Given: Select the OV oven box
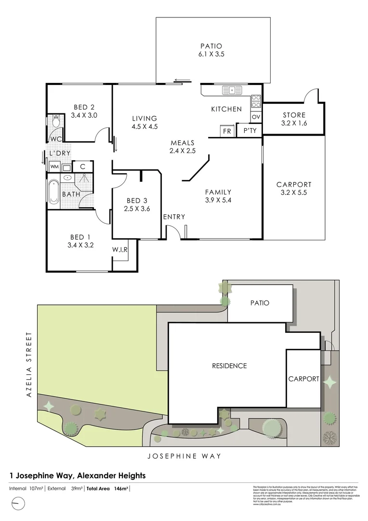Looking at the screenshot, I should [256, 117].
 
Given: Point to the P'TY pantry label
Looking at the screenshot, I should [250, 131].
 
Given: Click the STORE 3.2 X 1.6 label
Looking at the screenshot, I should [294, 119].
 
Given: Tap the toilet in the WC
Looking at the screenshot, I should [55, 122].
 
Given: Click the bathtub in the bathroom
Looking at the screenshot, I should [53, 192].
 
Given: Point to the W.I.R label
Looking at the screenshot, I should [120, 249].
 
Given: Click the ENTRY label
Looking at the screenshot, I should [174, 217].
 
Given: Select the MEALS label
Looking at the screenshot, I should [183, 143].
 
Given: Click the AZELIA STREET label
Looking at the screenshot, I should [29, 364].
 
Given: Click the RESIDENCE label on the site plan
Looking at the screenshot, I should [229, 366].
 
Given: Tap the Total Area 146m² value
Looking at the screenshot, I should [107, 489].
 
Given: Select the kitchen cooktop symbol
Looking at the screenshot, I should [256, 101].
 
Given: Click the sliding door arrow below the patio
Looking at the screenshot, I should [182, 81].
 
